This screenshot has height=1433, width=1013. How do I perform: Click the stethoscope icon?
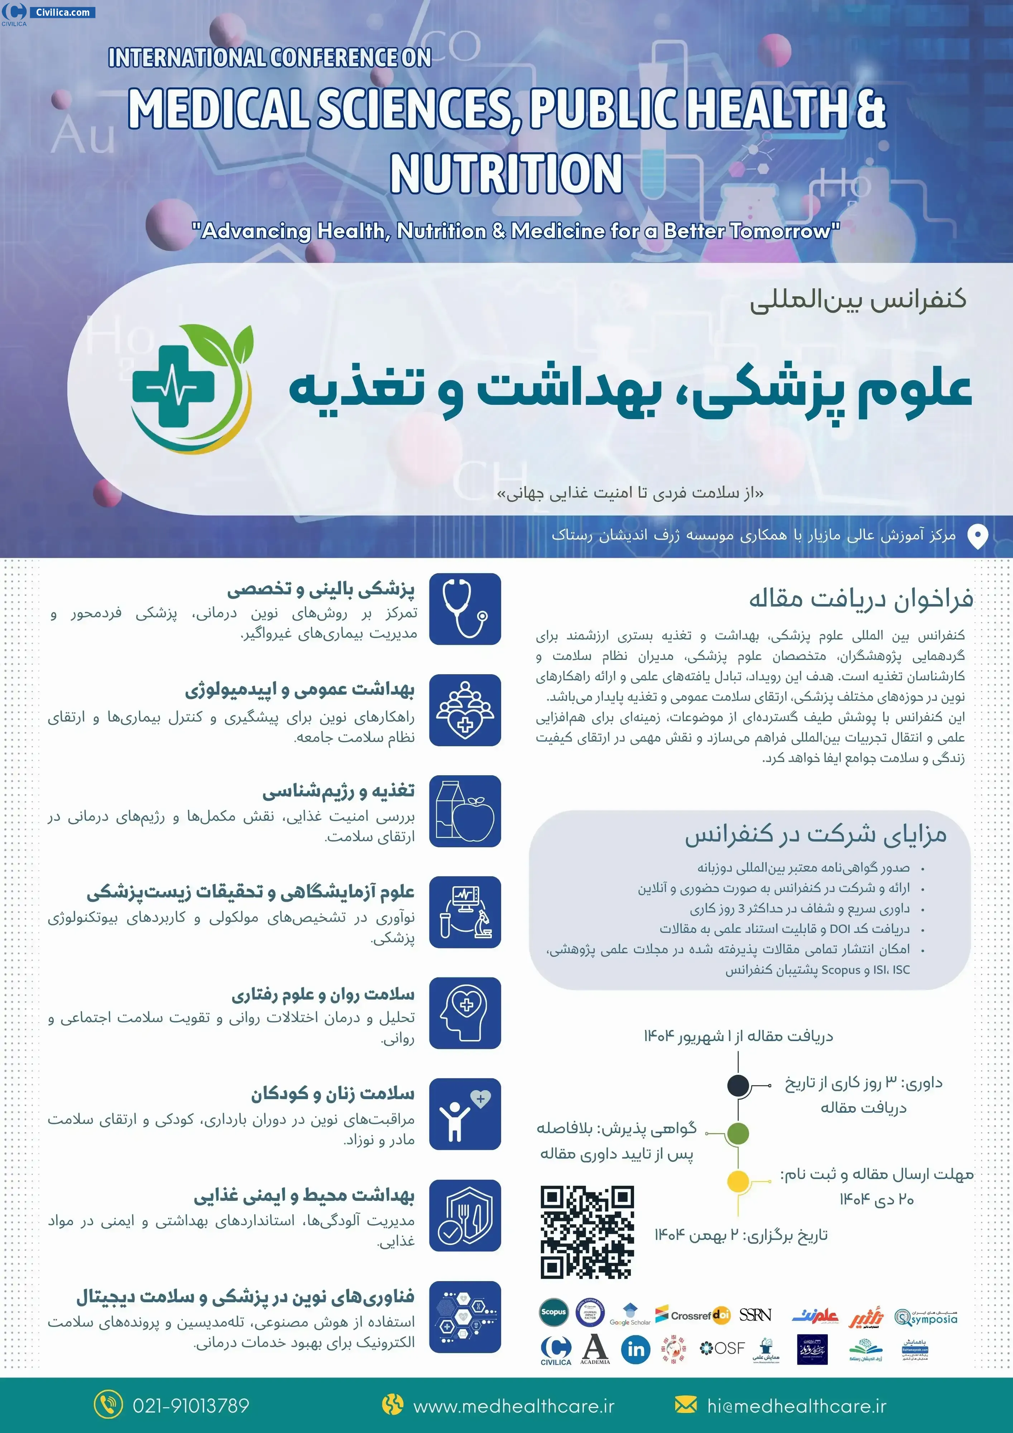tap(465, 609)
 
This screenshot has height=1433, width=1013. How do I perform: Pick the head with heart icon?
tap(465, 1013)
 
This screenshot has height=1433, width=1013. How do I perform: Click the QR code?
tap(587, 1233)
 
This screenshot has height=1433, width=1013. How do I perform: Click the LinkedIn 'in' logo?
tap(635, 1350)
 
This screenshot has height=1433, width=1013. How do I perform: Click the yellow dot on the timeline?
tap(738, 1181)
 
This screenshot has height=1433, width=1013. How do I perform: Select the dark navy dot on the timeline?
tap(738, 1085)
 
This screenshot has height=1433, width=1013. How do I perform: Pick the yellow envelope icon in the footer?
tap(685, 1405)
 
